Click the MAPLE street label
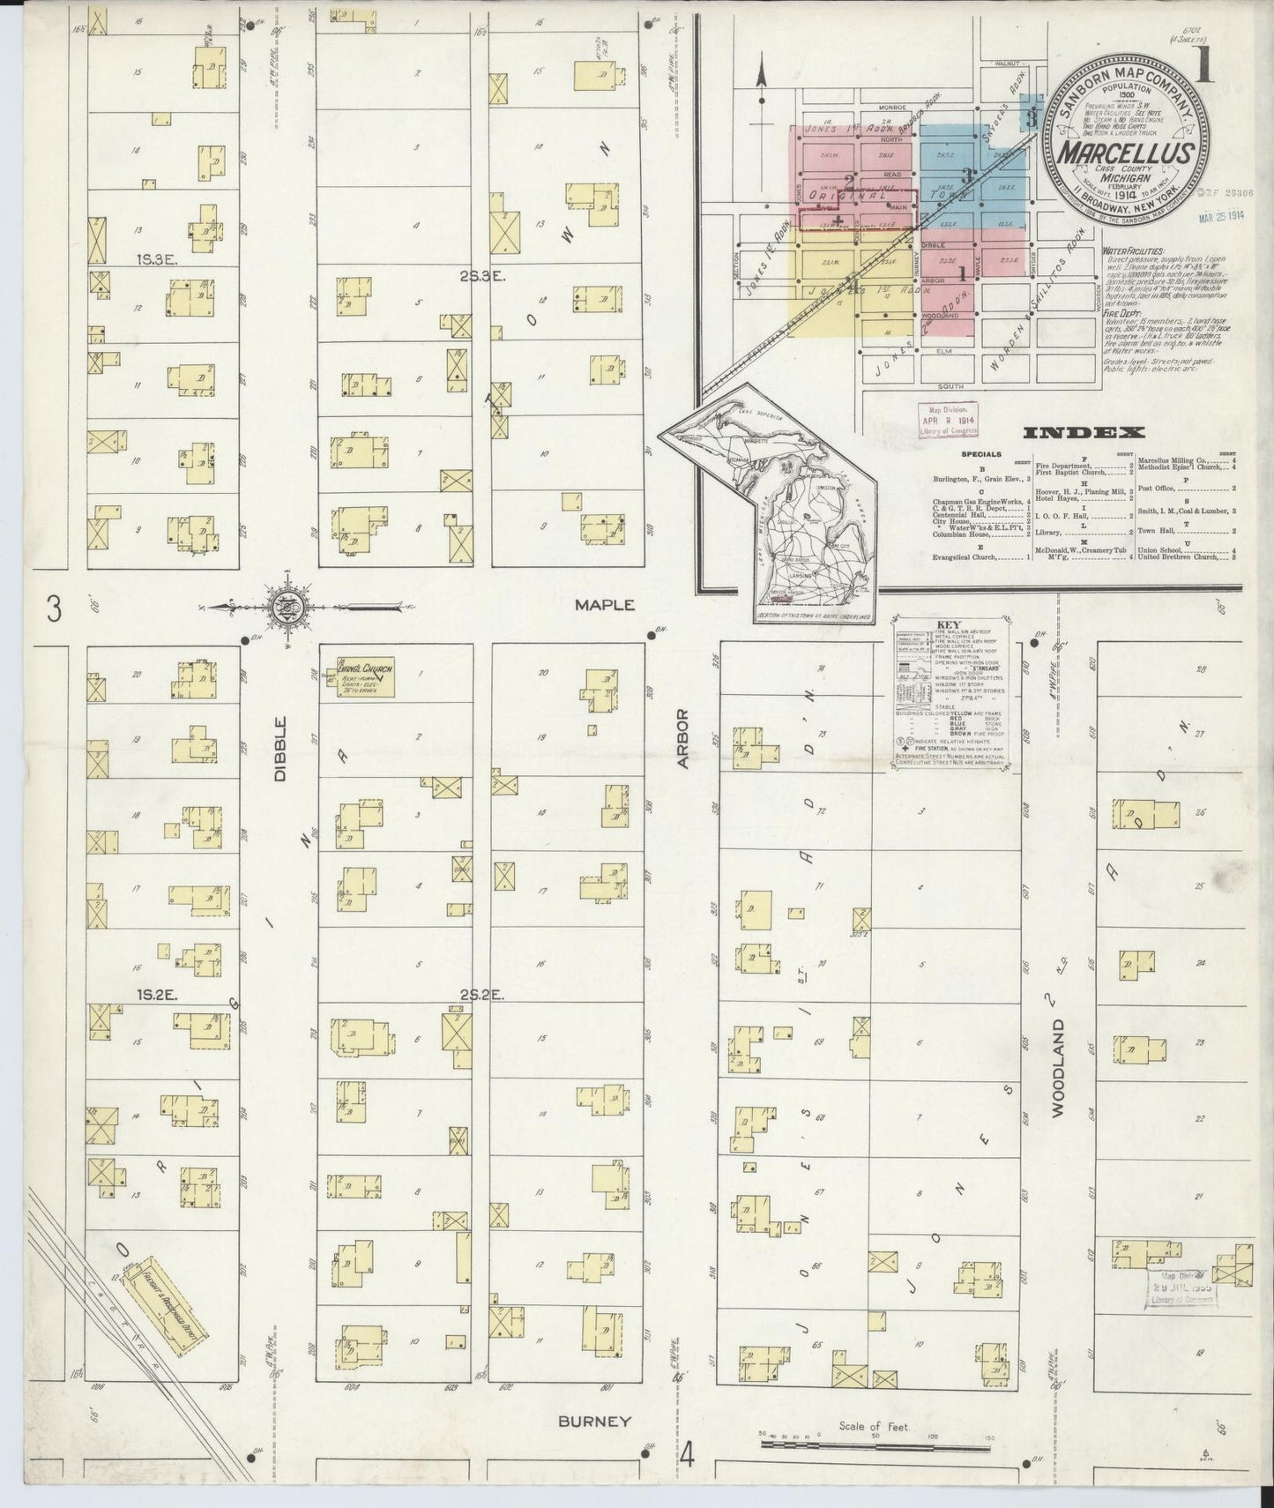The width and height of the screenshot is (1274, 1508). (604, 605)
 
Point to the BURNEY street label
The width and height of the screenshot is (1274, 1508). (596, 1421)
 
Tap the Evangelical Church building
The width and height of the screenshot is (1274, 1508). (365, 678)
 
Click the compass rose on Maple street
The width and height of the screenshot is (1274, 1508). (291, 607)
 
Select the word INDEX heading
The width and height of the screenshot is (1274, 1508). (1084, 433)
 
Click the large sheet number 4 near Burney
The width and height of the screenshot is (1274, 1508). (687, 1454)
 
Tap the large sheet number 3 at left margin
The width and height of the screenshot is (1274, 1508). (55, 609)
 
